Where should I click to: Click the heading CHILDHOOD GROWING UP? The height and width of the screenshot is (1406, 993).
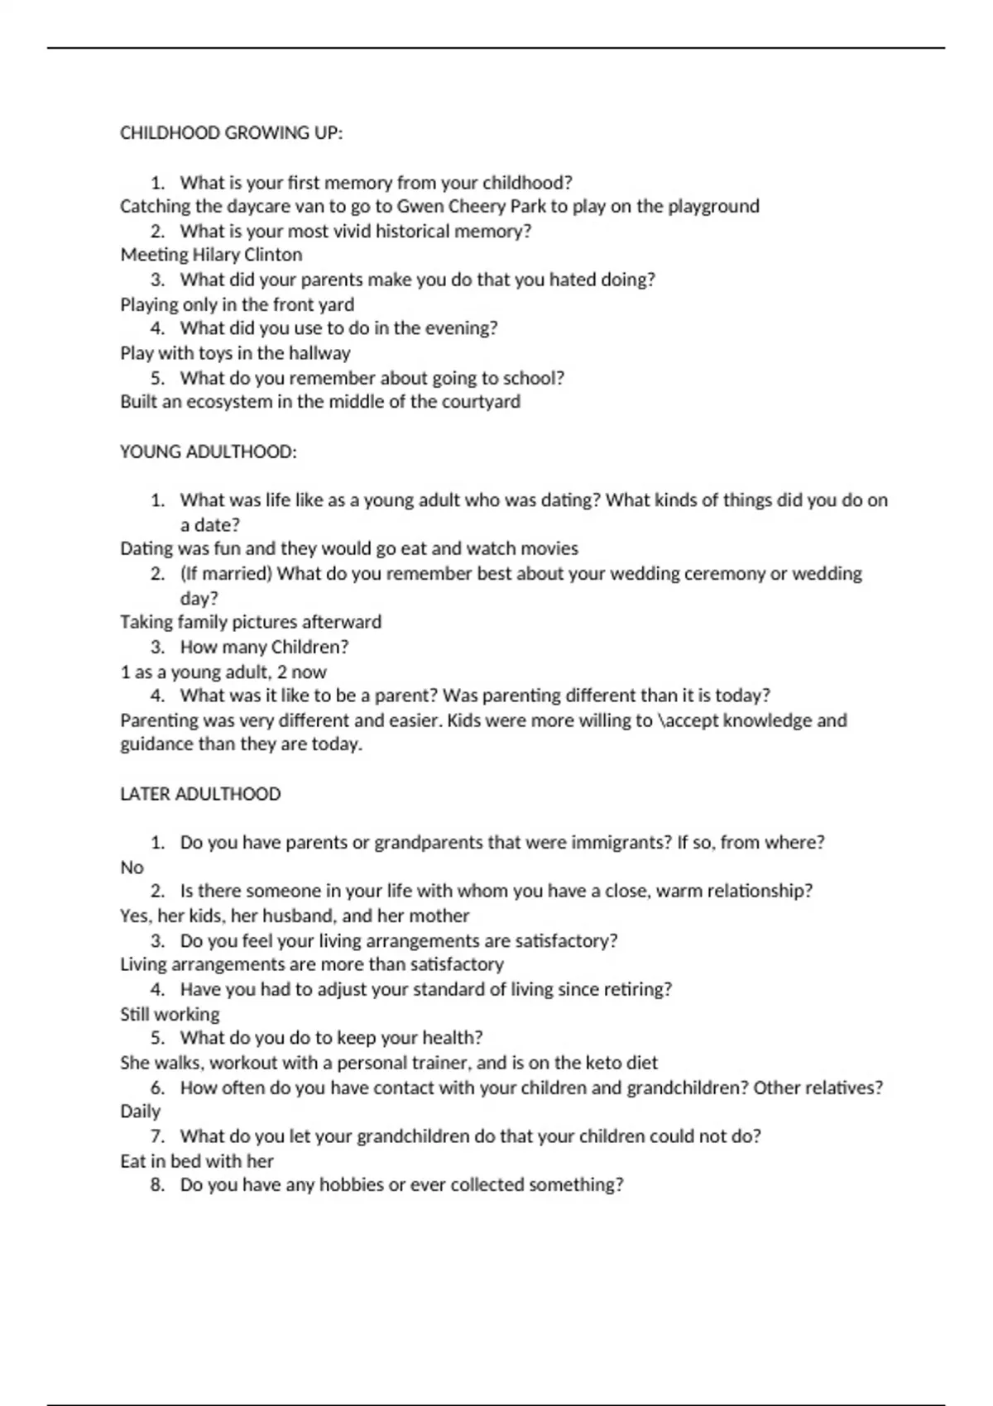231,133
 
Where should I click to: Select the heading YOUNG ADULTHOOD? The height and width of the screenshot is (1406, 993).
208,452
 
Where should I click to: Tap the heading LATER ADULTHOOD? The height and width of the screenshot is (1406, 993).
200,794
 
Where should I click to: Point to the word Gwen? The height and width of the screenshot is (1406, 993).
420,206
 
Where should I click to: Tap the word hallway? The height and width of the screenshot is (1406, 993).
319,353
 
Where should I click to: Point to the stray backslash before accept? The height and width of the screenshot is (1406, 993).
660,720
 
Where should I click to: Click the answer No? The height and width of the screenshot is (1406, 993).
132,868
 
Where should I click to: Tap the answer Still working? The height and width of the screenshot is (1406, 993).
170,1014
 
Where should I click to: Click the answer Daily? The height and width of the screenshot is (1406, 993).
140,1112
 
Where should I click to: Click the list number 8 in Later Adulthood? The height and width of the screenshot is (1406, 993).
156,1185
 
